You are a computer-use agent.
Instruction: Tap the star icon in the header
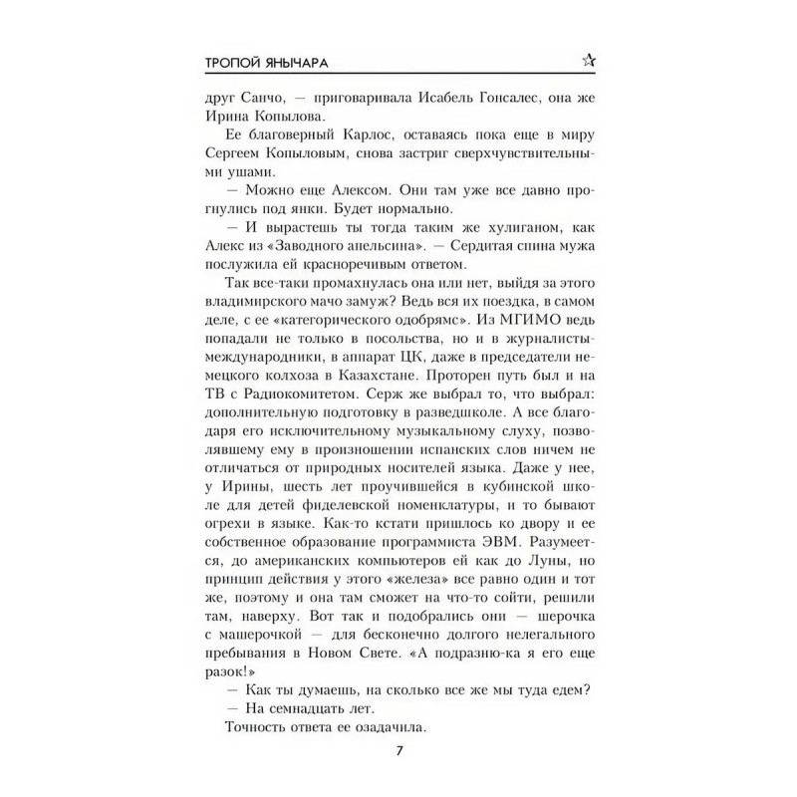[x=588, y=62]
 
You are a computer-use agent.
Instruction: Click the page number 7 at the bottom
[x=398, y=750]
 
